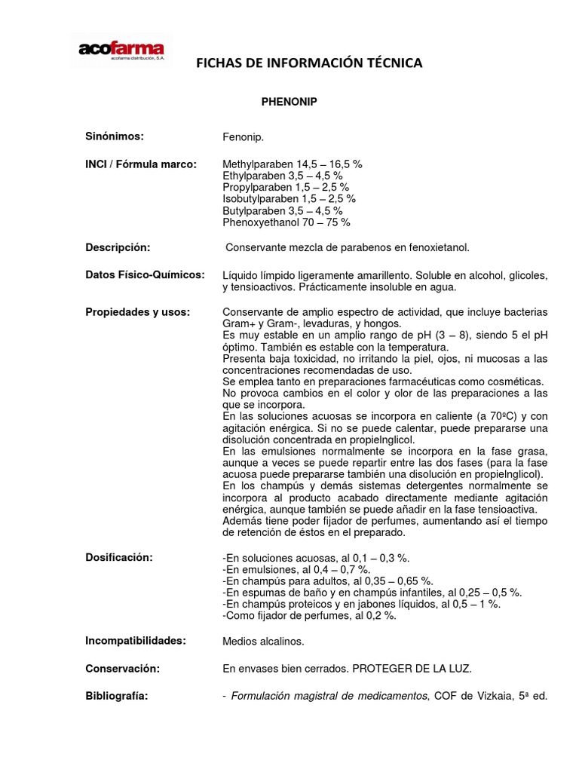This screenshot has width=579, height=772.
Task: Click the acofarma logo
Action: pos(121,51)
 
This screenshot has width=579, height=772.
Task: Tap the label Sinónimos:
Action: pos(114,136)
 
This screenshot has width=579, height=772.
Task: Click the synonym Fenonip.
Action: pos(244,138)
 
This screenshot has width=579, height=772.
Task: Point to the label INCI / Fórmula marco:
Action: pos(141,164)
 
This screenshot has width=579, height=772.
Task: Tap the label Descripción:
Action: pos(118,247)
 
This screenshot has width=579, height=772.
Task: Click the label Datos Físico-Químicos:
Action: pos(144,275)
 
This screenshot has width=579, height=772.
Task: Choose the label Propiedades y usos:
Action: pos(137,311)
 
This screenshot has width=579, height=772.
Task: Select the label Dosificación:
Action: pos(118,557)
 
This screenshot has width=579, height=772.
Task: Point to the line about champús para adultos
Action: pos(328,581)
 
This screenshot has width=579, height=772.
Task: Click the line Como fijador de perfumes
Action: pos(309,615)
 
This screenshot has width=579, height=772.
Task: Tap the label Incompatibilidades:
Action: pos(135,640)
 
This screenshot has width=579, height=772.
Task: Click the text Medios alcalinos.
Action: pos(264,642)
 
